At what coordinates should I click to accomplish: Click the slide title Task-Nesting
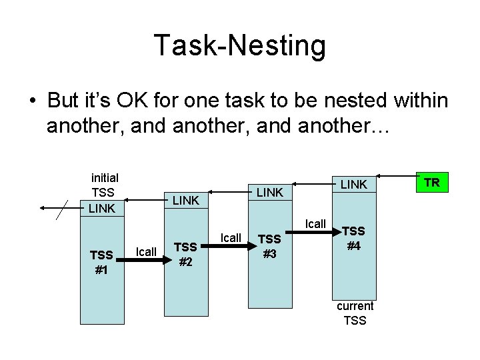(x=240, y=46)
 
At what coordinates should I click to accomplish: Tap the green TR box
(x=432, y=182)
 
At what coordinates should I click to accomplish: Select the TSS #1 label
(x=101, y=262)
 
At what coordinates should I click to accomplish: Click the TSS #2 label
(x=186, y=254)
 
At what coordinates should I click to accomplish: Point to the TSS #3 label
(x=269, y=245)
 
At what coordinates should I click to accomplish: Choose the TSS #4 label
(x=353, y=238)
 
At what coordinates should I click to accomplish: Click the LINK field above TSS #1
(x=102, y=208)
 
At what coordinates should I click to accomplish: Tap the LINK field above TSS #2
(x=186, y=200)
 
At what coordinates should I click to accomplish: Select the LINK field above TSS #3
(x=270, y=192)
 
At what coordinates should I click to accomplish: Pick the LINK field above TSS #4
(x=354, y=184)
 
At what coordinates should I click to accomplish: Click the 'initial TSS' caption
(x=105, y=184)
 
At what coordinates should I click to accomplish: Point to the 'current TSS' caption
(x=355, y=313)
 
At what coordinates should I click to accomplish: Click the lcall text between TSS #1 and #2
(x=146, y=251)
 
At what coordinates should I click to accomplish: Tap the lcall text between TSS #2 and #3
(x=231, y=238)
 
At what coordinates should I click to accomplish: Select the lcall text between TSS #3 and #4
(x=315, y=224)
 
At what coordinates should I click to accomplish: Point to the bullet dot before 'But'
(x=32, y=101)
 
